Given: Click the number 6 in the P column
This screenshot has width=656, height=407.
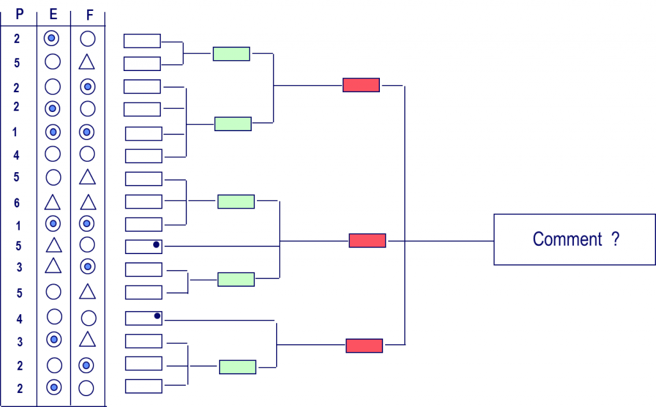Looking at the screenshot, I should pyautogui.click(x=17, y=203).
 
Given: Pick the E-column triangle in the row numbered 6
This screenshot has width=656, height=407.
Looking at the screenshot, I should pyautogui.click(x=53, y=203).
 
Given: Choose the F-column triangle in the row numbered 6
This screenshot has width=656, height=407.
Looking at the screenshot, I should pyautogui.click(x=88, y=203).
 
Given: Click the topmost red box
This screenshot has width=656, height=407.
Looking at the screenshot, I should pyautogui.click(x=361, y=84).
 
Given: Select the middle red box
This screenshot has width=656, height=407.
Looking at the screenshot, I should pyautogui.click(x=367, y=241).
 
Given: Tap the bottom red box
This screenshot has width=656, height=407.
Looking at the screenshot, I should pyautogui.click(x=364, y=346).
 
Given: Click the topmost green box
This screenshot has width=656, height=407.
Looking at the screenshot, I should pyautogui.click(x=231, y=54).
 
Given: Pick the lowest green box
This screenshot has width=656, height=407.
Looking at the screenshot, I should pyautogui.click(x=238, y=367).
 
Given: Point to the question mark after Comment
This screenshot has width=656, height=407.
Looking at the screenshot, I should pyautogui.click(x=615, y=239).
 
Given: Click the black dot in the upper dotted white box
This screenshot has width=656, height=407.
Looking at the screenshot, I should pyautogui.click(x=156, y=244).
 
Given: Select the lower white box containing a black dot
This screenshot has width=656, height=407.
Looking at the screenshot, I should pyautogui.click(x=143, y=318).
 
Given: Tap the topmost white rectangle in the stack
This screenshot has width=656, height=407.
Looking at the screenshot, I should pyautogui.click(x=142, y=41).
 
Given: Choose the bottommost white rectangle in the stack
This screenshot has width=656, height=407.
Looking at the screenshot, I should pyautogui.click(x=143, y=386).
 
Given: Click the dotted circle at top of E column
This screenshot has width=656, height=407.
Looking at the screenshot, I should pyautogui.click(x=51, y=38).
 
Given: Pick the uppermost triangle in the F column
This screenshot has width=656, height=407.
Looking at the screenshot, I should pyautogui.click(x=88, y=62).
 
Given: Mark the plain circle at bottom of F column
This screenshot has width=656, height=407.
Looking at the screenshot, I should pyautogui.click(x=86, y=388).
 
